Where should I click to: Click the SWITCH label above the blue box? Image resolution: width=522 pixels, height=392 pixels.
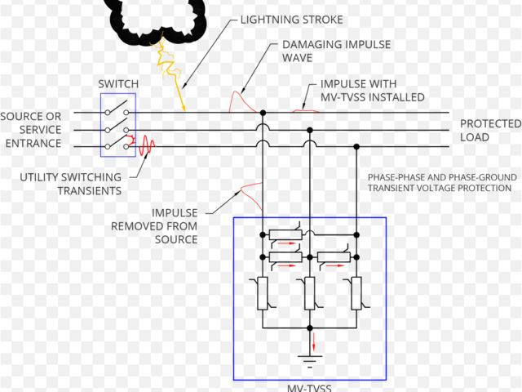(x=118, y=83)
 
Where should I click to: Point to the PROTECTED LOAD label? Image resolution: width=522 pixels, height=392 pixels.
(x=489, y=131)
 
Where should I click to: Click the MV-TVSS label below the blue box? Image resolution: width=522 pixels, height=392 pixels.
(x=309, y=387)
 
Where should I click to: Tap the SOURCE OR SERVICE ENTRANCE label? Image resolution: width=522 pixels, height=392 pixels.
(x=31, y=130)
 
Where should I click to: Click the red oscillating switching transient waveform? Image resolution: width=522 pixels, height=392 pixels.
(x=147, y=146)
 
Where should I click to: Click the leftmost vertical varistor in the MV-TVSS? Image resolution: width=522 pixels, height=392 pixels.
(x=263, y=293)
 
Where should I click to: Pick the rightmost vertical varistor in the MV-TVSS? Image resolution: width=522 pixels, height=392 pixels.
(x=356, y=293)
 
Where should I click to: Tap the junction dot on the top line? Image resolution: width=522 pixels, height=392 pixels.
(x=263, y=113)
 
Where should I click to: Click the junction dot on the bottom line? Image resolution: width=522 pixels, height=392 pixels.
(x=356, y=146)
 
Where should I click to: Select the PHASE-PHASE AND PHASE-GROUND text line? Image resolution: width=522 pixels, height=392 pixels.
(x=439, y=177)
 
